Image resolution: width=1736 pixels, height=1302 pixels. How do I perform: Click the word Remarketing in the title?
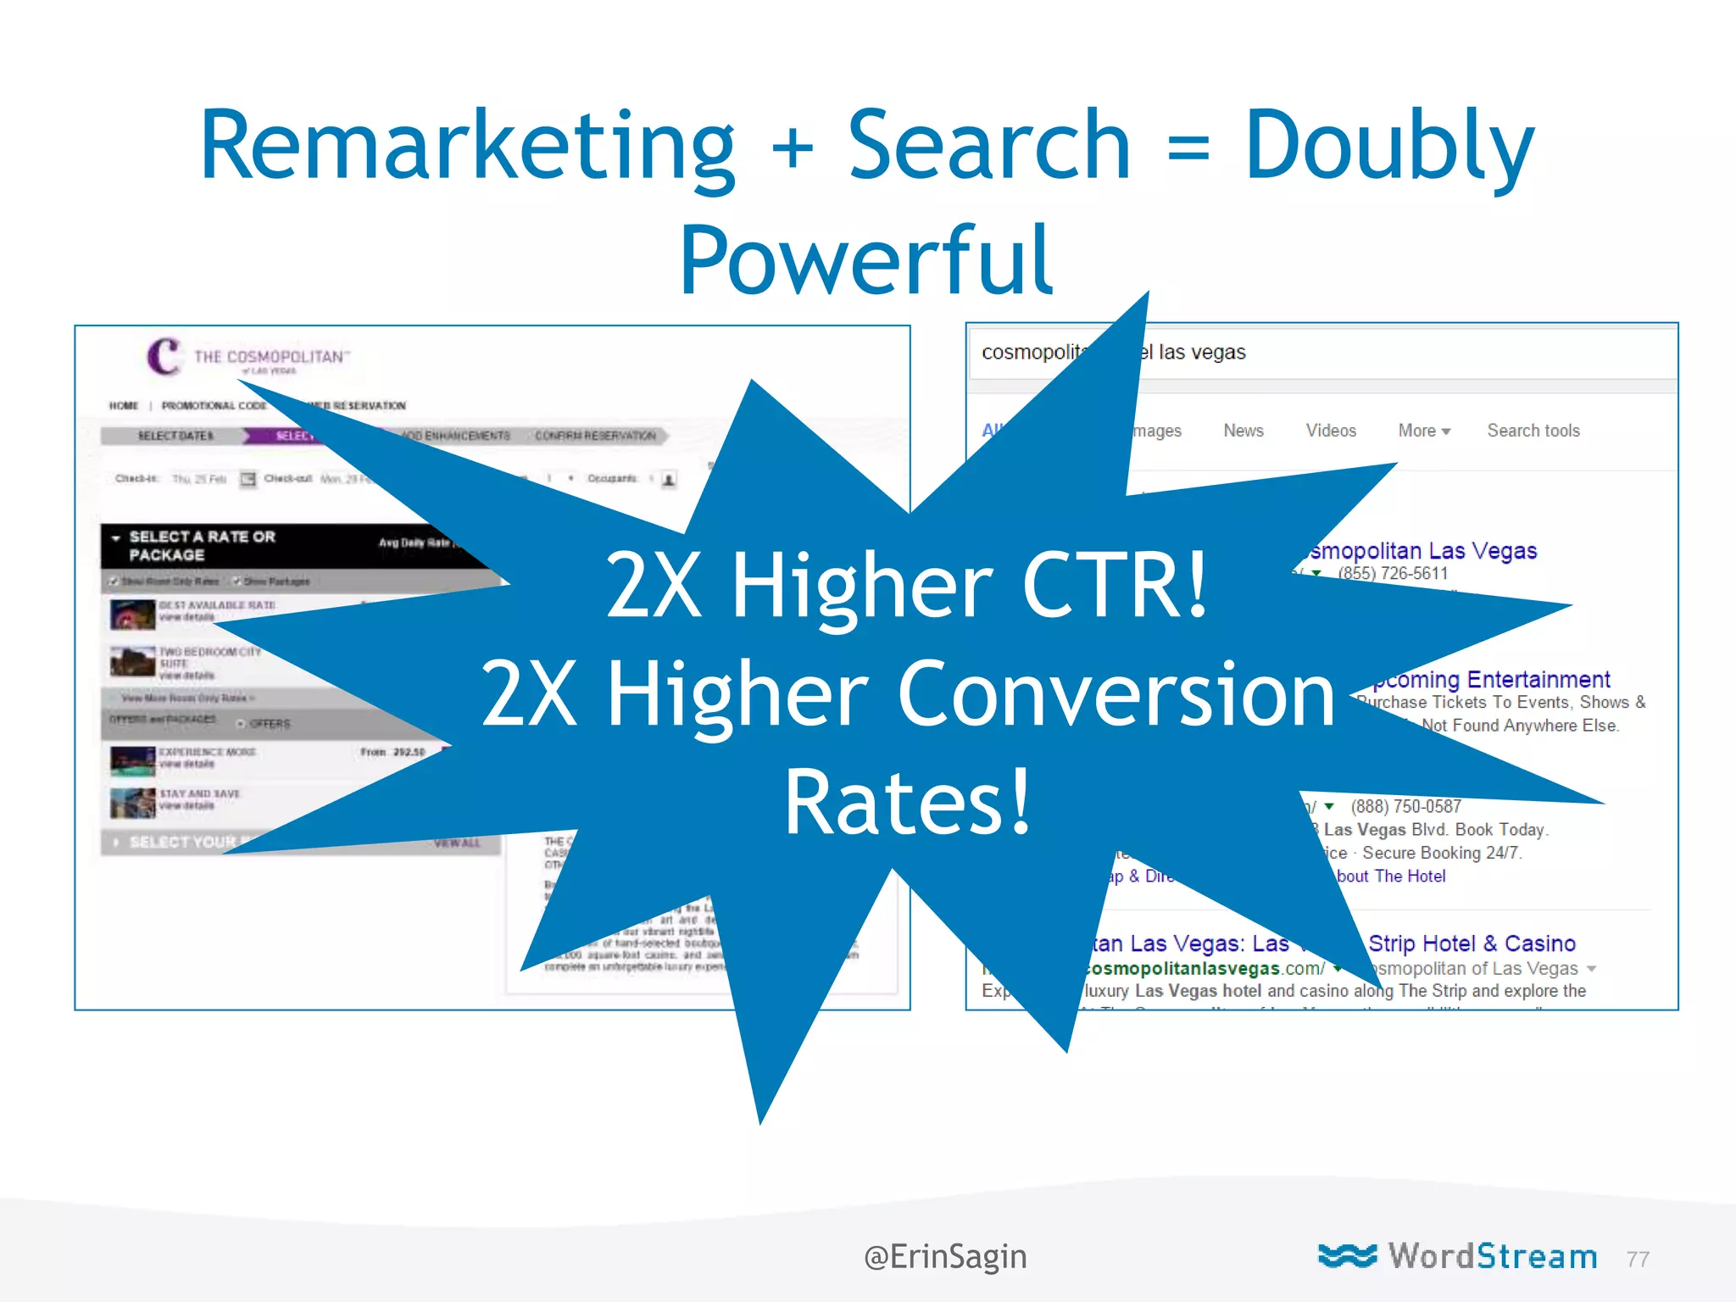pyautogui.click(x=467, y=146)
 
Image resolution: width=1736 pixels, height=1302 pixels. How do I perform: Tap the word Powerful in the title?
pyautogui.click(x=866, y=260)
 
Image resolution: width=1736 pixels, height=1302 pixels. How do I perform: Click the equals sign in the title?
pyautogui.click(x=1188, y=146)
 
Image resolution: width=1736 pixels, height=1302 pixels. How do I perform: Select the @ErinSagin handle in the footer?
pyautogui.click(x=945, y=1256)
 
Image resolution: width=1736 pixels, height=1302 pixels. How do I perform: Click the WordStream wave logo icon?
pyautogui.click(x=1347, y=1255)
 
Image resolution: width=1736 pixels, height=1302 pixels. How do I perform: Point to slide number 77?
pyautogui.click(x=1638, y=1260)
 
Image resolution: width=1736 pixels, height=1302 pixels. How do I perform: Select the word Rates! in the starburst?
pyautogui.click(x=907, y=802)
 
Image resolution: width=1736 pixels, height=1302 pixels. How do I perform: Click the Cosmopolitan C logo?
pyautogui.click(x=164, y=356)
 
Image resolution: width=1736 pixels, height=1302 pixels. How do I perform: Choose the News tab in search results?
pyautogui.click(x=1243, y=431)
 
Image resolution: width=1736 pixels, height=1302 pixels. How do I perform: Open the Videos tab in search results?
pyautogui.click(x=1330, y=431)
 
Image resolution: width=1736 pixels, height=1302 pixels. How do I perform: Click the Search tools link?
pyautogui.click(x=1533, y=431)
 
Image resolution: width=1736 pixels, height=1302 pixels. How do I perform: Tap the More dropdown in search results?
pyautogui.click(x=1423, y=431)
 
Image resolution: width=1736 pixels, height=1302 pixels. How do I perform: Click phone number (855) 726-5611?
pyautogui.click(x=1393, y=574)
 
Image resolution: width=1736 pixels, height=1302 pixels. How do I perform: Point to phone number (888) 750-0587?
pyautogui.click(x=1405, y=806)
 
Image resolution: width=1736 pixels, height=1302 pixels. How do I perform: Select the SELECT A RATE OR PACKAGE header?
pyautogui.click(x=202, y=546)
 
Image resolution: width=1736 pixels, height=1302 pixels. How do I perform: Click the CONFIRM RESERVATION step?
pyautogui.click(x=595, y=436)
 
